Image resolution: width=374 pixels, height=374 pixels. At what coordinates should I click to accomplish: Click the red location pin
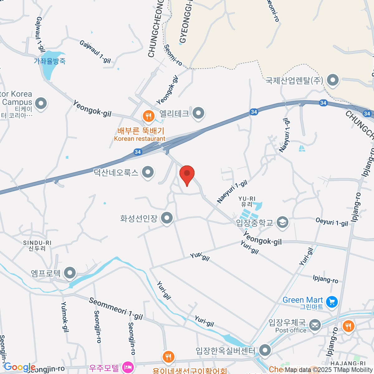point(187,174)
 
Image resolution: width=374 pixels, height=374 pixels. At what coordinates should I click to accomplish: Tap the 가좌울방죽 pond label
point(50,61)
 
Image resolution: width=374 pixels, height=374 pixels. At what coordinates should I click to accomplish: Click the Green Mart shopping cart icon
point(332,302)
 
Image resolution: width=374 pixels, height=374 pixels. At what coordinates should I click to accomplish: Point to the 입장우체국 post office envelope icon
point(315,326)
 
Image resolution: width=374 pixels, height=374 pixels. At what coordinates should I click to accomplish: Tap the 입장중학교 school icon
point(283,223)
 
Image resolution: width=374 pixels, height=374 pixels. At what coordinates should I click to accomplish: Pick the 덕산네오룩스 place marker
point(148,172)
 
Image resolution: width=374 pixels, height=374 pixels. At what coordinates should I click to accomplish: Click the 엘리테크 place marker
point(198,113)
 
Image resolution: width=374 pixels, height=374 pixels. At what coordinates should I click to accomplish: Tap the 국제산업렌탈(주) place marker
point(333,80)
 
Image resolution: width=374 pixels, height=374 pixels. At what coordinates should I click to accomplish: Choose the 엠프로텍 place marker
point(70,273)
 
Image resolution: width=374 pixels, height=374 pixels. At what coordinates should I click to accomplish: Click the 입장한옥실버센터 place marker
point(265,350)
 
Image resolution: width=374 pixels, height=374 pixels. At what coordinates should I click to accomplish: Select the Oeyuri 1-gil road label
point(332,222)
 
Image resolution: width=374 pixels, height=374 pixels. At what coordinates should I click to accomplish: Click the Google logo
point(19,367)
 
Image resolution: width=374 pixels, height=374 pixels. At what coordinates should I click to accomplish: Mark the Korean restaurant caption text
point(140,139)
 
